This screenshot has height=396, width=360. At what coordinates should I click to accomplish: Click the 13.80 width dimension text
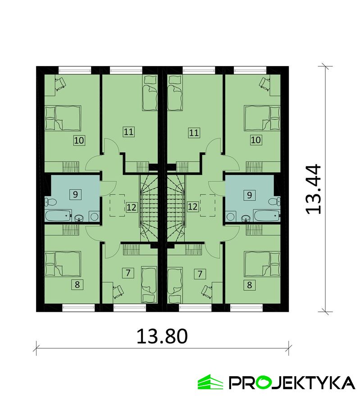(x=162, y=336)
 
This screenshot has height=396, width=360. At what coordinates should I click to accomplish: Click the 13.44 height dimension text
(x=313, y=189)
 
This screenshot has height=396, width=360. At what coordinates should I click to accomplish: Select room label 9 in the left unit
(x=75, y=194)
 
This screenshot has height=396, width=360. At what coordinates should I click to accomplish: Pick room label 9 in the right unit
(x=249, y=195)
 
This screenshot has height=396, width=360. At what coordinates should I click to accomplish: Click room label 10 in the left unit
(x=79, y=140)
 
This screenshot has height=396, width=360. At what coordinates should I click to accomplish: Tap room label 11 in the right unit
(x=194, y=133)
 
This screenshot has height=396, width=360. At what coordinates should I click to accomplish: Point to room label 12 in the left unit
(x=132, y=207)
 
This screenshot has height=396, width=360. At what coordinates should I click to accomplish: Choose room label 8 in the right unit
(x=250, y=285)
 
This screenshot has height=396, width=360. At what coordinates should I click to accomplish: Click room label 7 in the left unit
(x=128, y=273)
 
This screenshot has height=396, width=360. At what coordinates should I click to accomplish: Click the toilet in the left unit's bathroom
(x=50, y=202)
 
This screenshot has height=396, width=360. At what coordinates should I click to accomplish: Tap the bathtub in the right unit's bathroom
(x=267, y=216)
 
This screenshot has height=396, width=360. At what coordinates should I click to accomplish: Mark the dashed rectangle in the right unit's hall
(x=208, y=205)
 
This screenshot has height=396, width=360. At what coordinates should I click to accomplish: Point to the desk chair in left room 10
(x=61, y=84)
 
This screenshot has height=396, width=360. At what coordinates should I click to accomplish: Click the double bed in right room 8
(x=262, y=264)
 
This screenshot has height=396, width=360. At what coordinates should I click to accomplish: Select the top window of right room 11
(x=199, y=70)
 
